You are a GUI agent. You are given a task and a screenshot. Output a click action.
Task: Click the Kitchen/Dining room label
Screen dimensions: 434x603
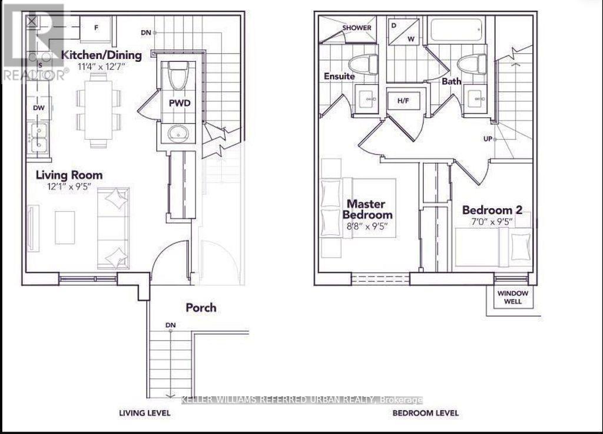[x=102, y=55]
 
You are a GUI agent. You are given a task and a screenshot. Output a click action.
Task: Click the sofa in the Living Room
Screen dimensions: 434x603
[x=114, y=228]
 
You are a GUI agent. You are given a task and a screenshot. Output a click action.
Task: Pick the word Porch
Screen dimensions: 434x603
[x=201, y=307]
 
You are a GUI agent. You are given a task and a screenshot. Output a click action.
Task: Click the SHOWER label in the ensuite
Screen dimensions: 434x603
[x=357, y=28]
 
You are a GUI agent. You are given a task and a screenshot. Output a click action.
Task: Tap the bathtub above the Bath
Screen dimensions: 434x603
[x=457, y=30]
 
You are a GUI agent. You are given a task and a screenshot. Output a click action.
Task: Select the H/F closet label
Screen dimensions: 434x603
[x=403, y=101]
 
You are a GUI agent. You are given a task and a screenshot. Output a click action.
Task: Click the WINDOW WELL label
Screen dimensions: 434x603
[x=513, y=297]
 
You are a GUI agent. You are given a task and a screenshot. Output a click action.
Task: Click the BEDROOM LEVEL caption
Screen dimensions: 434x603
[x=425, y=413]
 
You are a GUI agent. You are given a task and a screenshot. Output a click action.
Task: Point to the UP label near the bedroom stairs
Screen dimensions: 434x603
[x=487, y=140]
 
